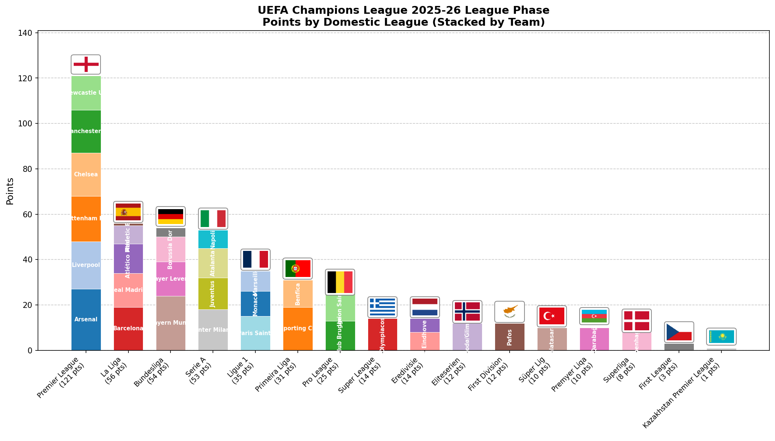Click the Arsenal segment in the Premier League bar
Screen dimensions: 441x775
86,319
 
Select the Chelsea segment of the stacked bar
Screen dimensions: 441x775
86,174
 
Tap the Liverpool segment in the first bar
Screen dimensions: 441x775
86,265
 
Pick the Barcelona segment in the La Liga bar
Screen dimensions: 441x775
128,328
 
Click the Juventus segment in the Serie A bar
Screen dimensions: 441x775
213,294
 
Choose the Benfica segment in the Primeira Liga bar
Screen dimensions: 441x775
298,294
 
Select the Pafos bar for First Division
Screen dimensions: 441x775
510,337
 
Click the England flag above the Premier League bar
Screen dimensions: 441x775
86,64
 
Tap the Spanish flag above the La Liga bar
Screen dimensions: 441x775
128,212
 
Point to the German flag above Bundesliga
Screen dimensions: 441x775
170,217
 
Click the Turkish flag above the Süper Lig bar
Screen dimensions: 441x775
552,316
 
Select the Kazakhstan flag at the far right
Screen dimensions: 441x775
721,337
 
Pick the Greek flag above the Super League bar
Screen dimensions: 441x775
382,307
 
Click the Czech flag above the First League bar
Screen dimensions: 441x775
679,332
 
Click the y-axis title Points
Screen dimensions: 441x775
10,191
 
